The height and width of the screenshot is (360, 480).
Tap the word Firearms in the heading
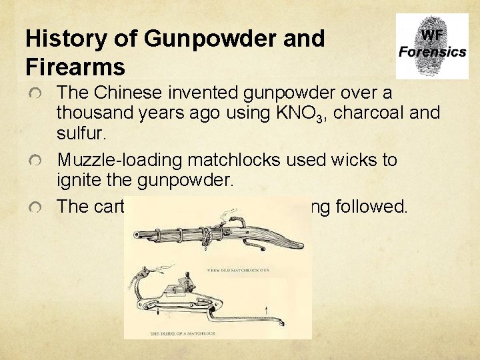click(x=75, y=67)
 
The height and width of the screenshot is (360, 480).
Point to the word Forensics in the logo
click(x=433, y=52)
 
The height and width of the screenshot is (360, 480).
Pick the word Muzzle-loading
click(x=120, y=160)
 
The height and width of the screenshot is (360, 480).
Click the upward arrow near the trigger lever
click(x=267, y=310)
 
